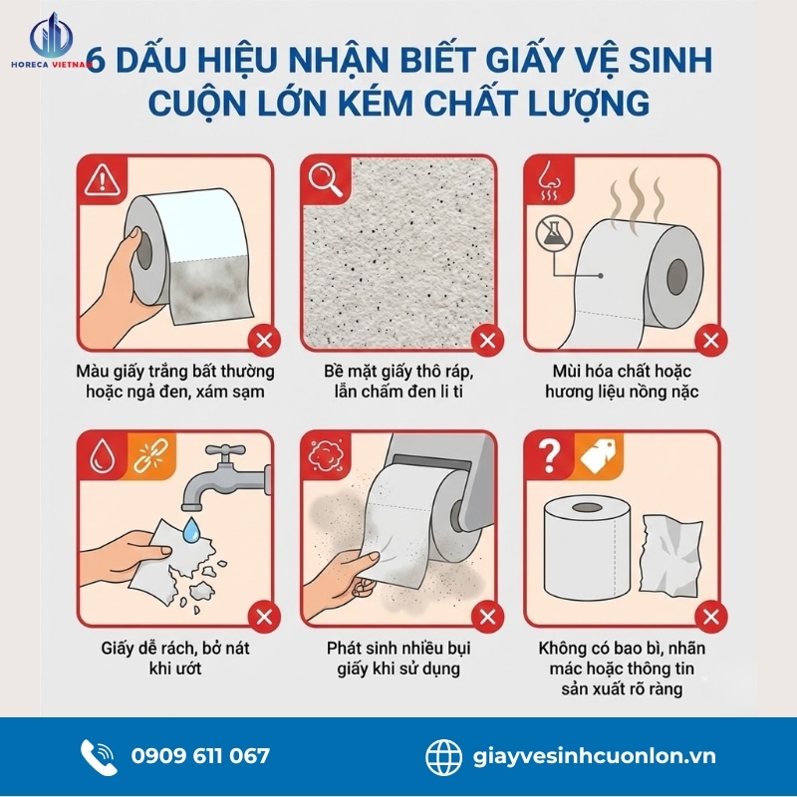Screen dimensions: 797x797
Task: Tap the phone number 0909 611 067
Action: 199,755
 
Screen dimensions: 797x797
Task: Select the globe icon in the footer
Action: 444,755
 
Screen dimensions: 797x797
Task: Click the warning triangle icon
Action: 100,179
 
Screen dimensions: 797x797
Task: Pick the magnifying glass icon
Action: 324,179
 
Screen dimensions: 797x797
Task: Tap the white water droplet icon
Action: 100,454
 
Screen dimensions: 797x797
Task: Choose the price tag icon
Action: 594,455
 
